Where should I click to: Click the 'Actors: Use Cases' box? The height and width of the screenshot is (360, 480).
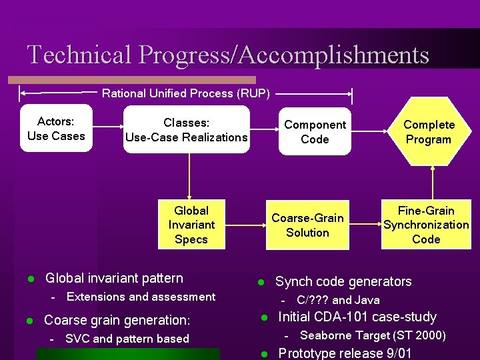(x=56, y=129)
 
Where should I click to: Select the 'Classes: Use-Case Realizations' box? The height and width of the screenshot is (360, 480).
(x=187, y=130)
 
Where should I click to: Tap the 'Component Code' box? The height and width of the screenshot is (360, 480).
(x=315, y=131)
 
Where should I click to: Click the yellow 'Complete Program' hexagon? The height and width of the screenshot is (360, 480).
(x=428, y=131)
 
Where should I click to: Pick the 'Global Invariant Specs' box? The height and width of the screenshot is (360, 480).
(x=191, y=225)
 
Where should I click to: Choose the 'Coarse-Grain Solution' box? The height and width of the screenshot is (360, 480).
(x=307, y=225)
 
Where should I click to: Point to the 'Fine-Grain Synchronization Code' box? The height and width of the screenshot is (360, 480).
(x=426, y=225)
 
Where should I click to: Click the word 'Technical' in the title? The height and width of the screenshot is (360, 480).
(x=80, y=55)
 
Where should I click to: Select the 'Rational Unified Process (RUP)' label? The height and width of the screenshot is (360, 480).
(x=186, y=93)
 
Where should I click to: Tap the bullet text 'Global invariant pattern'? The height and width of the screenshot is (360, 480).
(x=113, y=278)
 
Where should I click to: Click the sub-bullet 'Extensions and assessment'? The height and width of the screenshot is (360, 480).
(x=141, y=297)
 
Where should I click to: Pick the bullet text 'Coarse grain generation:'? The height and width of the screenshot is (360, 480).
(x=117, y=320)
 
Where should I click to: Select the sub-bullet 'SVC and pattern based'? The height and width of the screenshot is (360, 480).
(x=127, y=339)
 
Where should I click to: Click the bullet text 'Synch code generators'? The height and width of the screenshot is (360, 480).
(x=343, y=281)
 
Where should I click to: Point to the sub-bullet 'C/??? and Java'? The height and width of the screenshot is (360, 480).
(x=338, y=300)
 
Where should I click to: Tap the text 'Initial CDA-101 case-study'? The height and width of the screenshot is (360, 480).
(x=357, y=317)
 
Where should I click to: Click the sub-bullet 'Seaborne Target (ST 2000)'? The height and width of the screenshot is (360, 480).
(x=373, y=335)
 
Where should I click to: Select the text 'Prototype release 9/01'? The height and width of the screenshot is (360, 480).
(x=344, y=353)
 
